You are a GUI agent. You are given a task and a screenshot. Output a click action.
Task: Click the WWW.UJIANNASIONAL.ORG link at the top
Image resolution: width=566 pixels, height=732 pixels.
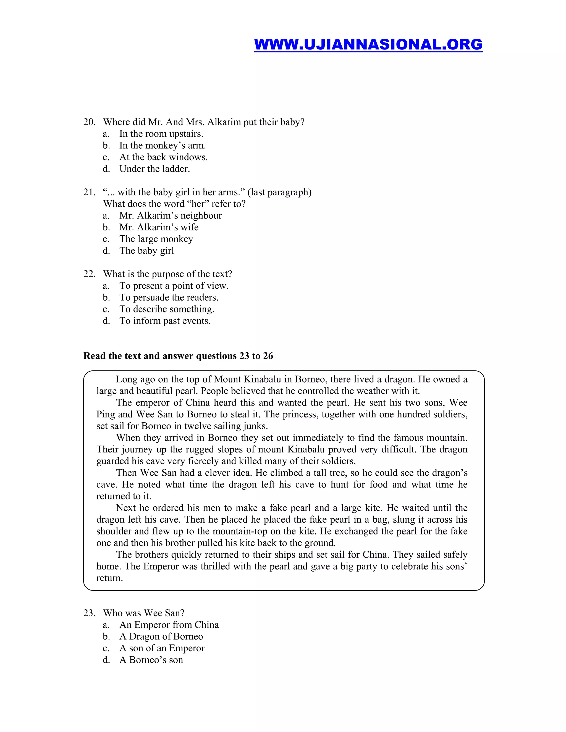368,44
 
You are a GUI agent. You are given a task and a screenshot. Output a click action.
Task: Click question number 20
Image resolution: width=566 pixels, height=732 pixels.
89,122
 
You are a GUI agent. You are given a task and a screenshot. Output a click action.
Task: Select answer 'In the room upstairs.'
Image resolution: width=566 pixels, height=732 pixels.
161,134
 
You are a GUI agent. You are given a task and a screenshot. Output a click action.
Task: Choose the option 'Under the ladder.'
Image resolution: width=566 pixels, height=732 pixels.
154,169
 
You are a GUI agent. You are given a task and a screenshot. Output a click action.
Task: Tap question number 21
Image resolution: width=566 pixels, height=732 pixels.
89,192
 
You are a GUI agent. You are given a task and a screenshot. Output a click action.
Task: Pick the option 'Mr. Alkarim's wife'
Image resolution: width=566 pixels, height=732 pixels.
159,227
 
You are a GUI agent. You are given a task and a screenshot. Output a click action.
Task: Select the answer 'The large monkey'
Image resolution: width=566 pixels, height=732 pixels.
156,239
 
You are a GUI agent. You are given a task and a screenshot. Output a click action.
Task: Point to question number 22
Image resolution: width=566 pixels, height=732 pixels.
89,274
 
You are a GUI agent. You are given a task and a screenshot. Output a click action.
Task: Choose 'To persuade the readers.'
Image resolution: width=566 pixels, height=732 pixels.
169,297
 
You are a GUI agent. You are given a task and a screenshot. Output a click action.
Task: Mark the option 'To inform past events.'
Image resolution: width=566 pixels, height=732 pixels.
165,321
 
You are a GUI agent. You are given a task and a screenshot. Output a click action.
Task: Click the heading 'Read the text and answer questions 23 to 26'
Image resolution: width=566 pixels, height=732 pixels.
178,356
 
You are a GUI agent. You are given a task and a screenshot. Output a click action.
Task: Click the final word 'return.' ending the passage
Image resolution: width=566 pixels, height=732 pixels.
110,578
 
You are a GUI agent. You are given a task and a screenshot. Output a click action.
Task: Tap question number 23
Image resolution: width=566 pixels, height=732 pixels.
89,613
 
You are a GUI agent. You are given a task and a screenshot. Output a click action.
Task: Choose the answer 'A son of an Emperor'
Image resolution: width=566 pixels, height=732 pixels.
162,648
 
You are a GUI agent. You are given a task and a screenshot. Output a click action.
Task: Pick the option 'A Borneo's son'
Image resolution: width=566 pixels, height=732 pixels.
151,660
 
